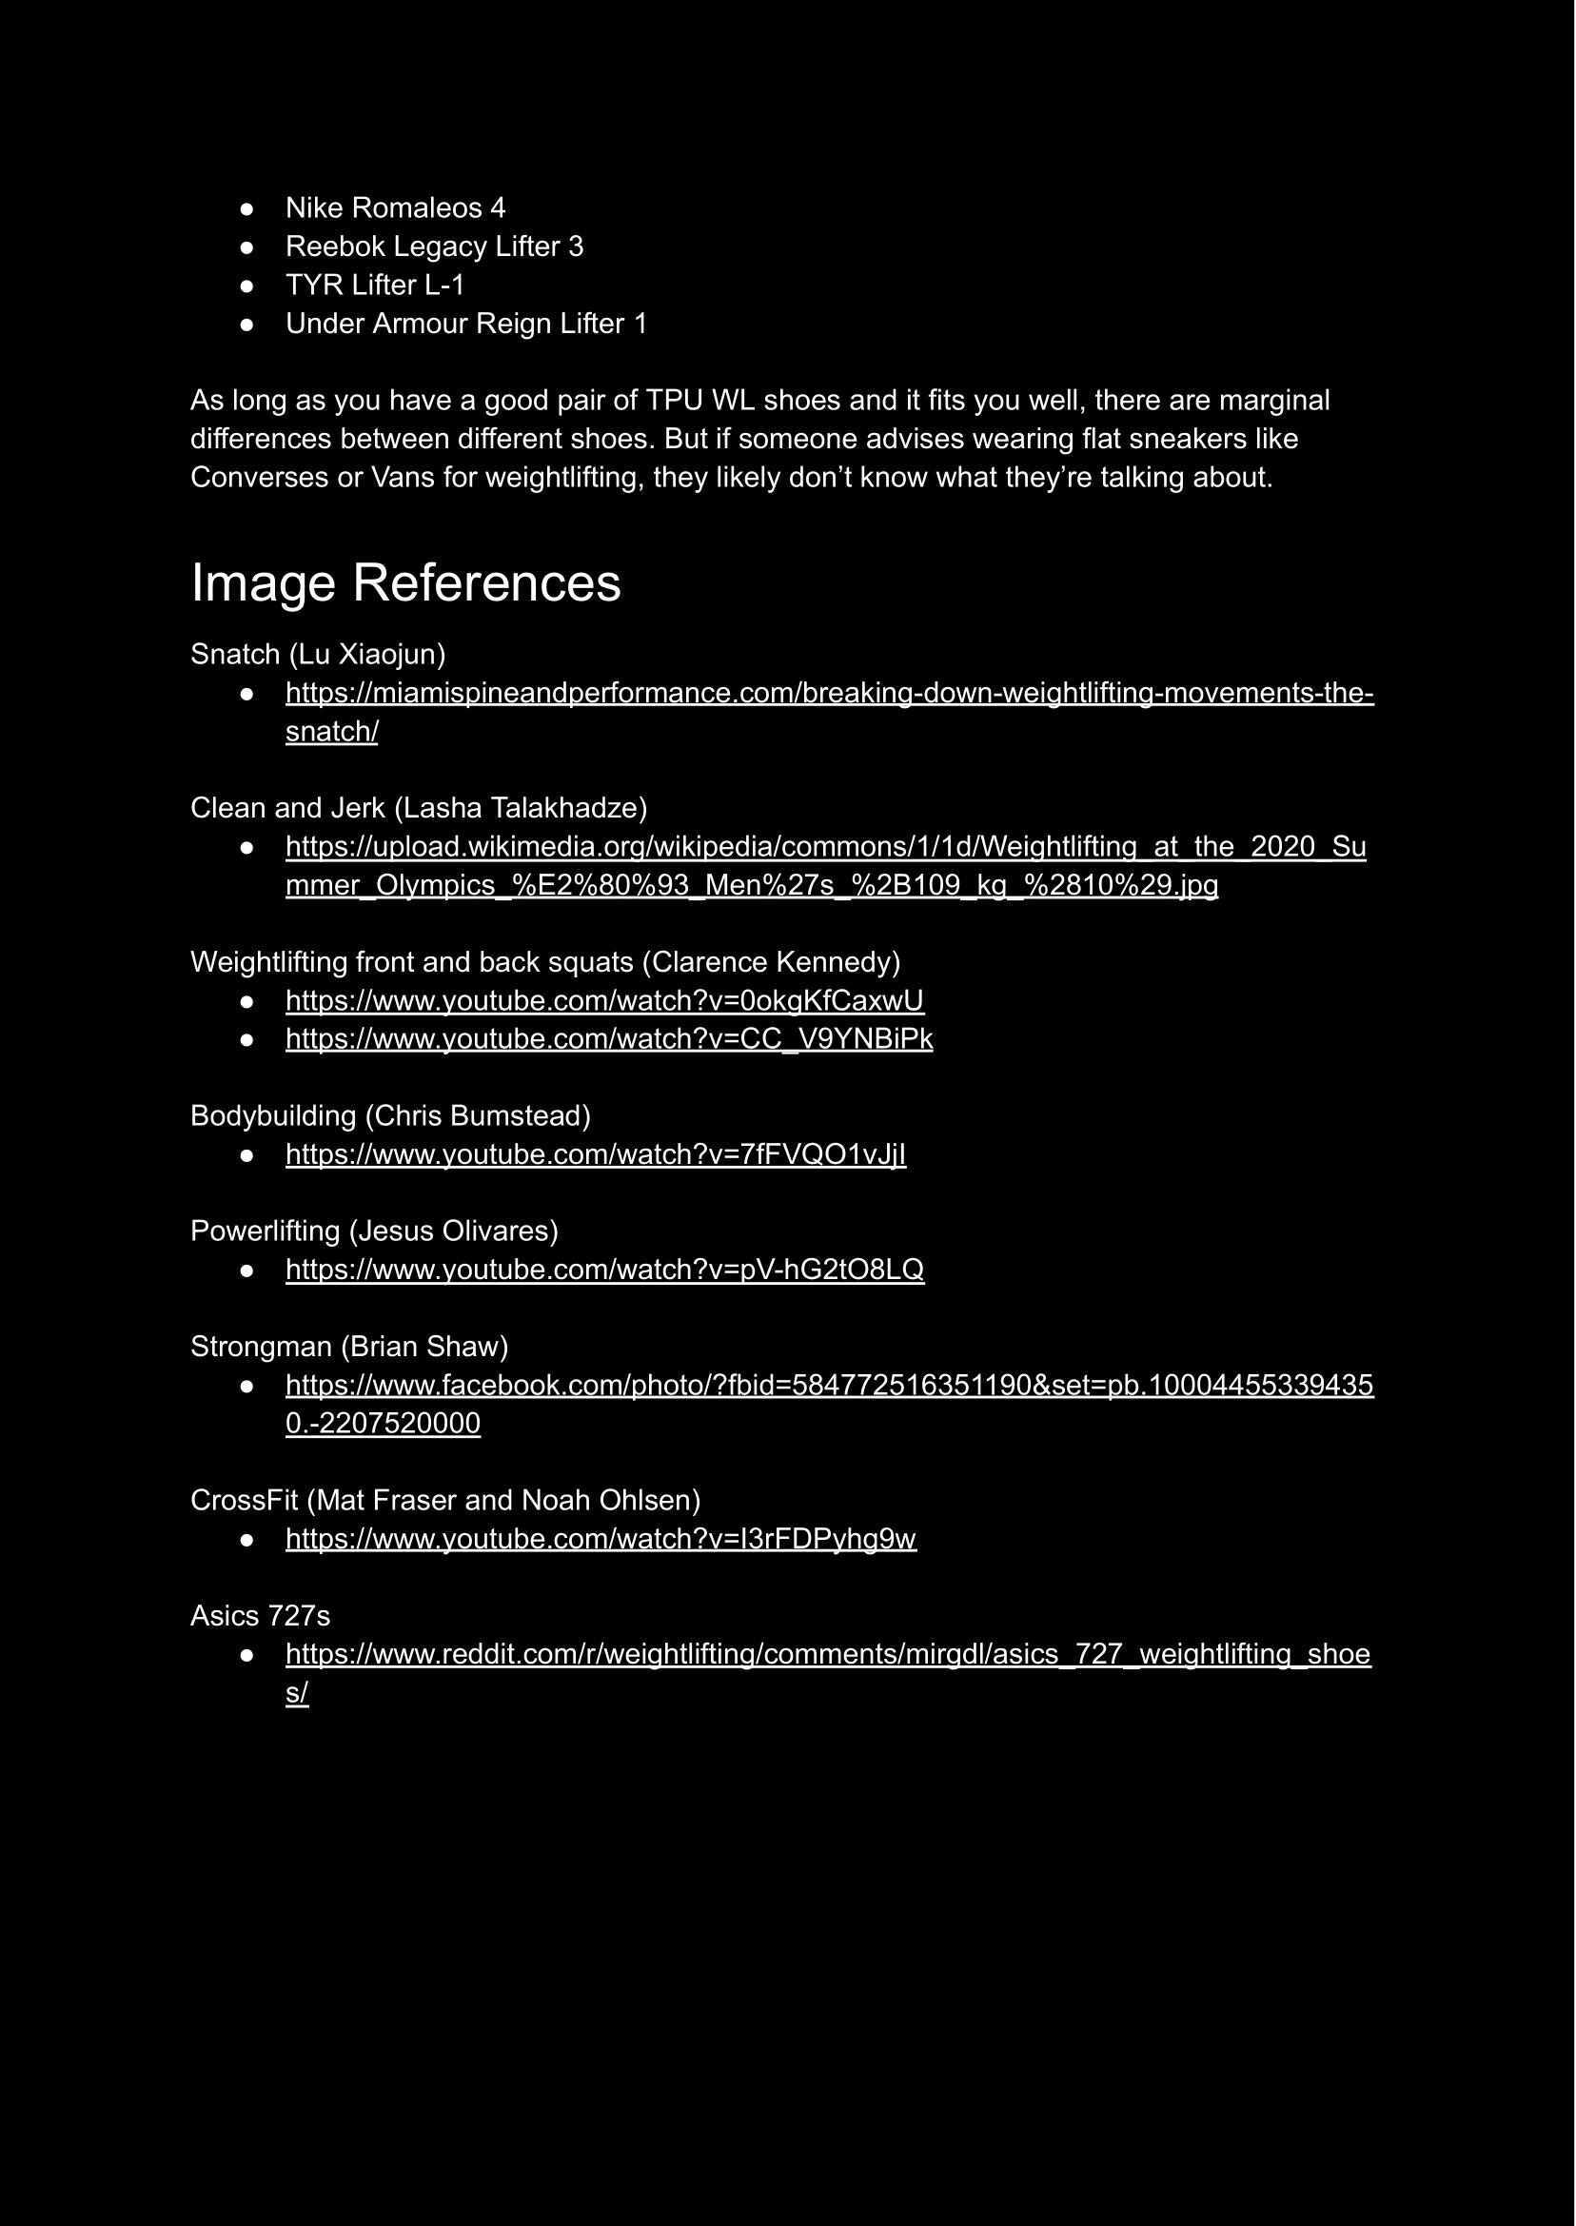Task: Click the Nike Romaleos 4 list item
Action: click(x=395, y=207)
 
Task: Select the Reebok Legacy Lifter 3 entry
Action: click(x=434, y=246)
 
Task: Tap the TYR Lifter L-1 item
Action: click(x=375, y=286)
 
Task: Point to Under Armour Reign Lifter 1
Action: click(x=465, y=324)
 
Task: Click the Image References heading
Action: click(x=405, y=583)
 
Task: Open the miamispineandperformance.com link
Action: click(x=829, y=694)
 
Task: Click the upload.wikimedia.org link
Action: click(x=825, y=847)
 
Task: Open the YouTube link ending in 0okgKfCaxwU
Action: click(x=604, y=1000)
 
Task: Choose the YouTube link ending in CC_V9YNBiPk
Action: click(x=608, y=1039)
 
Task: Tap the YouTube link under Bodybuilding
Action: click(x=596, y=1154)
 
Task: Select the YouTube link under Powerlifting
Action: click(x=604, y=1270)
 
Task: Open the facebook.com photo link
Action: click(x=829, y=1385)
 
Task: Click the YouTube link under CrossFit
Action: click(x=601, y=1539)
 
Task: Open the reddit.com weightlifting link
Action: click(x=827, y=1654)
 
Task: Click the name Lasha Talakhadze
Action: click(x=521, y=808)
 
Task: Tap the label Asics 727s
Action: click(x=260, y=1616)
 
